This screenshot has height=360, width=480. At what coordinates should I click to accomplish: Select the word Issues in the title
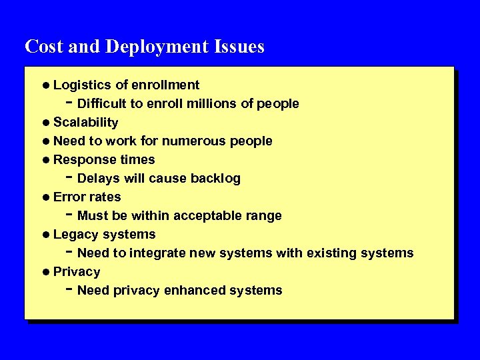click(239, 47)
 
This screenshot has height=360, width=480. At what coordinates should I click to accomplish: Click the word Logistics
click(83, 85)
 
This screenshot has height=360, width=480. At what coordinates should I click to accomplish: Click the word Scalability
click(86, 123)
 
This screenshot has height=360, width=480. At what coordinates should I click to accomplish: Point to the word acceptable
click(213, 216)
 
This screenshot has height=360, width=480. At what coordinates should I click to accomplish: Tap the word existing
click(331, 253)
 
